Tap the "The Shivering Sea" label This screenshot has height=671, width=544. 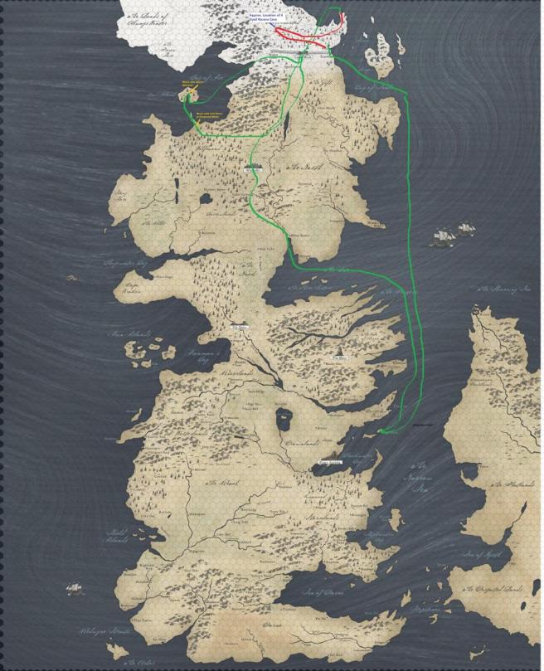tap(503, 289)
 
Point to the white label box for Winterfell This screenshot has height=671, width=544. tap(254, 167)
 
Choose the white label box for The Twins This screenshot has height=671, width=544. tap(240, 327)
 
